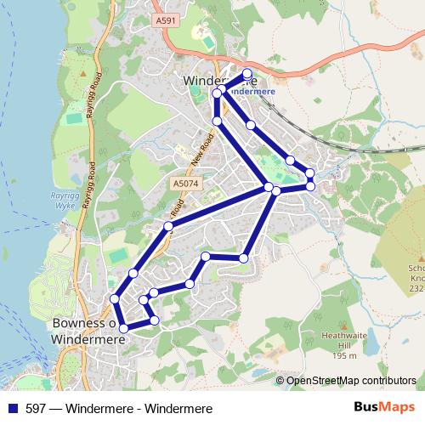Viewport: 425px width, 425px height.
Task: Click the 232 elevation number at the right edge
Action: (x=416, y=289)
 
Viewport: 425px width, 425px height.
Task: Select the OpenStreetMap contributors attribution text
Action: (x=351, y=380)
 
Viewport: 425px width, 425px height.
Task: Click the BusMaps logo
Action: (x=378, y=409)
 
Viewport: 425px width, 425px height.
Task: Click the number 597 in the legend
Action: (x=37, y=409)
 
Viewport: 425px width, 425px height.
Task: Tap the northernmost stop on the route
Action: (x=247, y=73)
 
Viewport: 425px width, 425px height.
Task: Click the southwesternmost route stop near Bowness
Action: (x=123, y=328)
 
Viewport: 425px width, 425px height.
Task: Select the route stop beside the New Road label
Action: (x=217, y=122)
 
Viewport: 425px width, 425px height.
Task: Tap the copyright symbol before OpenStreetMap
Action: (x=280, y=380)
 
